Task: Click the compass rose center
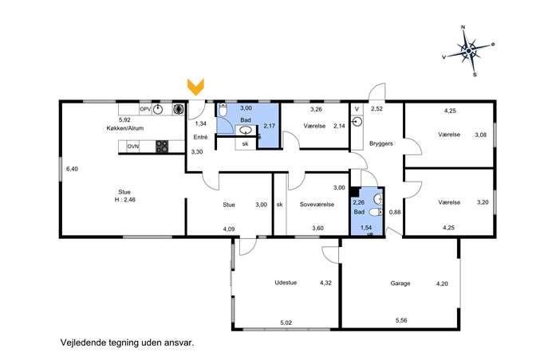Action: (x=469, y=52)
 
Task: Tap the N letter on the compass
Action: (x=463, y=27)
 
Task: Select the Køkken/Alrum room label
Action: (x=125, y=128)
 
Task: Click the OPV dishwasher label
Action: (x=145, y=109)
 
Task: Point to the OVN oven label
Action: (x=132, y=147)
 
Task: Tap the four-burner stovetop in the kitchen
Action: (x=162, y=147)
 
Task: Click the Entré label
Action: (x=200, y=137)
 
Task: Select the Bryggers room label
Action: (x=381, y=143)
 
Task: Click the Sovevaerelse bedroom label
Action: (x=317, y=205)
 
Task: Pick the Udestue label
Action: (x=286, y=283)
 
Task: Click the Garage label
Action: (x=400, y=284)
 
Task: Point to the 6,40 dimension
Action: (x=72, y=169)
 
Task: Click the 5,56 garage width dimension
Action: (x=401, y=320)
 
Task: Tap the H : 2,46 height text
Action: (x=124, y=200)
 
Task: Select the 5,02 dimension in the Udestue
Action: (x=286, y=323)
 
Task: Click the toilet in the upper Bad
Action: (x=223, y=110)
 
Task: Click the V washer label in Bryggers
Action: (x=357, y=109)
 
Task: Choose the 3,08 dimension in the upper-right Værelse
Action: (x=480, y=135)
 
